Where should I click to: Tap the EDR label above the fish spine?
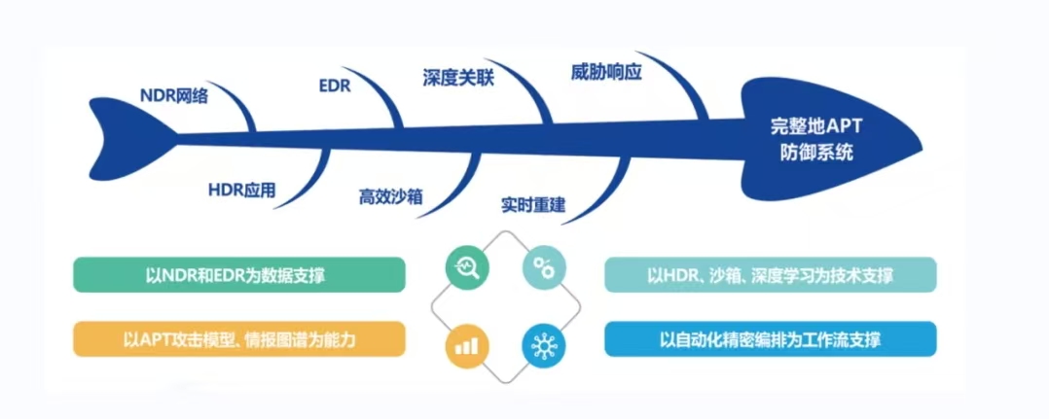(x=334, y=86)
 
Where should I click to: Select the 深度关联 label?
(x=458, y=77)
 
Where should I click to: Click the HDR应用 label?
(x=242, y=190)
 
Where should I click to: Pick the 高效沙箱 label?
(x=390, y=196)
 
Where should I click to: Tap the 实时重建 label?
(x=533, y=205)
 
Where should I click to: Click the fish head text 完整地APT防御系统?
(x=811, y=139)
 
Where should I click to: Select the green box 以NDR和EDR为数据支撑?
(x=238, y=275)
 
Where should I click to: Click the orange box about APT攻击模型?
(x=238, y=339)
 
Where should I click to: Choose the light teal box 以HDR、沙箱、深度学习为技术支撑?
(x=770, y=275)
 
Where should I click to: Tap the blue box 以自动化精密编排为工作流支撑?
(x=770, y=339)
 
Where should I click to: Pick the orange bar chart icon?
(x=467, y=344)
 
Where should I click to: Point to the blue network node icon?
(x=542, y=344)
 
